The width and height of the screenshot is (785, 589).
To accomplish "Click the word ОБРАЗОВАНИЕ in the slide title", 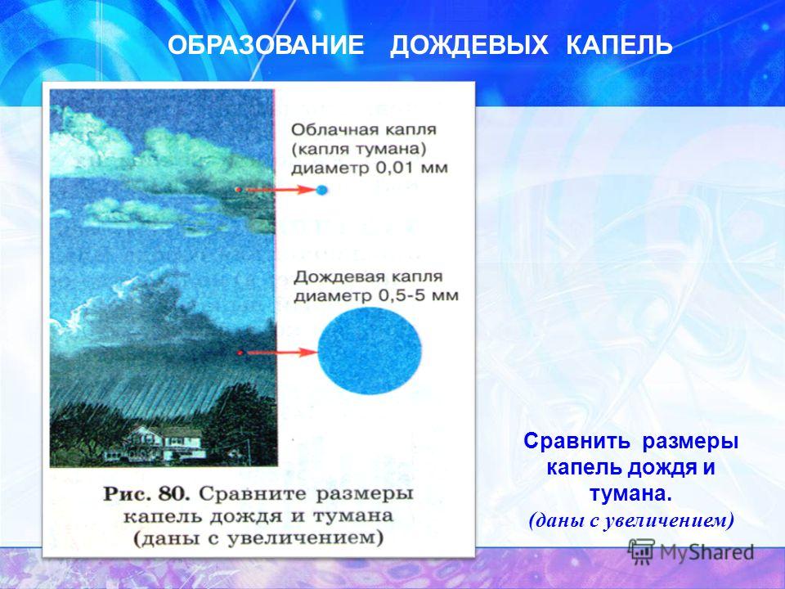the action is pos(266,46).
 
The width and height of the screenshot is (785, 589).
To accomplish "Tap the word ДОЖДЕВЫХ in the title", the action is pos(469,46).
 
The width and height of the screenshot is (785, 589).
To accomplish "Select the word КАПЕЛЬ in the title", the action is pos(619,46).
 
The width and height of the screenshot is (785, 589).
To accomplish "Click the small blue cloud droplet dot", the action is pos(321,190).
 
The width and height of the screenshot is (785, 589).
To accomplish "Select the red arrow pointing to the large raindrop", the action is pos(277,353).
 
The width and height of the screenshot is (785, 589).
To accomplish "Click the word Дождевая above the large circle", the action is pos(335,277).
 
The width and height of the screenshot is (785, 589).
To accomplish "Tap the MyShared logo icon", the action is pos(641,551).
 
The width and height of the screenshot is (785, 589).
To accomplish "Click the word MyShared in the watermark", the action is pos(706,552).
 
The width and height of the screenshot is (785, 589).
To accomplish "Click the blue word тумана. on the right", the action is pos(630,494).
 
